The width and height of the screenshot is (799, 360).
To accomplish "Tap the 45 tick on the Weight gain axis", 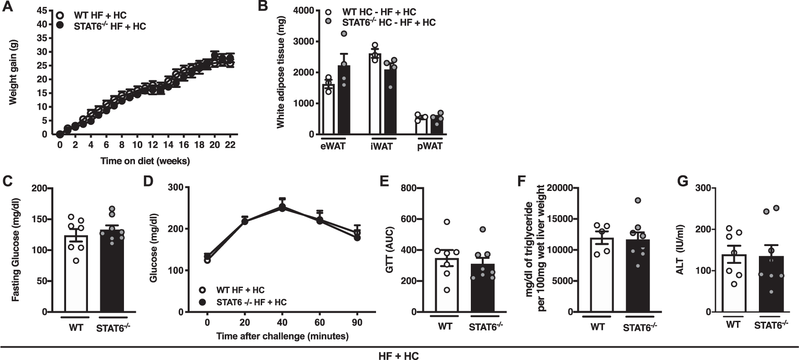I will [42, 10].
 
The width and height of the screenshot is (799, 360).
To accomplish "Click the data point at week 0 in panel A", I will [60, 134].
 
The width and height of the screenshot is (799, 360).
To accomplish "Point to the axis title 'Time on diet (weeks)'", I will [145, 160].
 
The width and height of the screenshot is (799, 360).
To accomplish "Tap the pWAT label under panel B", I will [429, 146].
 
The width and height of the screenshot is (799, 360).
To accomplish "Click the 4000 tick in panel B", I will [304, 10].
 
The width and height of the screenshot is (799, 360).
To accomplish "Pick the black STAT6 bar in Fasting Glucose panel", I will [111, 273].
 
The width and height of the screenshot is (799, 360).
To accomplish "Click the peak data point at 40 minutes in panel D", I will [282, 207].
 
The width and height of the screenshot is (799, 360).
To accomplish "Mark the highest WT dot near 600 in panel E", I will [447, 222].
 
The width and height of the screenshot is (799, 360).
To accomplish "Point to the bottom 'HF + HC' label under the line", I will [399, 355].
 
